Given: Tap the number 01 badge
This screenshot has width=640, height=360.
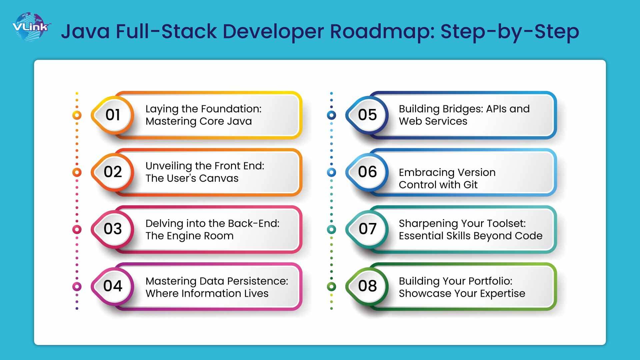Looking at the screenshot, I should (x=113, y=115).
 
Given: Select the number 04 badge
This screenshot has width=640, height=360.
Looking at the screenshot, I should (x=113, y=286).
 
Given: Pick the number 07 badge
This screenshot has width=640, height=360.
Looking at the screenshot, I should (x=367, y=229).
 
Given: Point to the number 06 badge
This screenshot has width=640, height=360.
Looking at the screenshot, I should (x=367, y=172).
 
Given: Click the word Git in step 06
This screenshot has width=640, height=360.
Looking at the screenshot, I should (x=470, y=185).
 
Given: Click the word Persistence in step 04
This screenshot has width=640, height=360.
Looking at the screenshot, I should (x=253, y=281).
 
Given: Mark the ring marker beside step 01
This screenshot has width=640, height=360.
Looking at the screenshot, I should (x=77, y=115).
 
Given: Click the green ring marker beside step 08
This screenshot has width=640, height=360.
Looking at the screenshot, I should (x=331, y=286).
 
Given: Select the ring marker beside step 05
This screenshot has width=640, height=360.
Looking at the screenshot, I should (x=331, y=115).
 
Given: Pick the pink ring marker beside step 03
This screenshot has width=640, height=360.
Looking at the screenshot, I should (x=77, y=229).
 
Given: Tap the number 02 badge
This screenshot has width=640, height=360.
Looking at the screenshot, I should (x=113, y=172).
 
